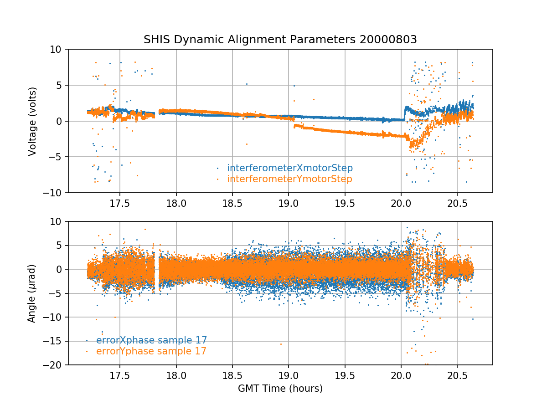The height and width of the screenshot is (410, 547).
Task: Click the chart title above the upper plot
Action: (x=280, y=40)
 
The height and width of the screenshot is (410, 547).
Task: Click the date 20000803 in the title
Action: (x=388, y=40)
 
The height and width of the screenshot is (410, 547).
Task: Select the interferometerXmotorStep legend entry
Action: (x=289, y=168)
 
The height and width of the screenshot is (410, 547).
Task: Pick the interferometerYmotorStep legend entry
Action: (x=289, y=179)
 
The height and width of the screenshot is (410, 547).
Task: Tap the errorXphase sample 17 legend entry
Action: (x=151, y=340)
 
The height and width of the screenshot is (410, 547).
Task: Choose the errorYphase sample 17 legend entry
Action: (x=151, y=351)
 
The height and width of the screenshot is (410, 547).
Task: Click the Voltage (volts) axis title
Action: (x=32, y=121)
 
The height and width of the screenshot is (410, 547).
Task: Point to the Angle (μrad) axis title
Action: (x=32, y=293)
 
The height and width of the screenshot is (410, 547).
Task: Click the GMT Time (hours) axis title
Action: (x=280, y=389)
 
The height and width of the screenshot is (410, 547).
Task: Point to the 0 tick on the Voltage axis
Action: (x=63, y=121)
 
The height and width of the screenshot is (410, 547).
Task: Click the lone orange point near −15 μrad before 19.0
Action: (x=281, y=344)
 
